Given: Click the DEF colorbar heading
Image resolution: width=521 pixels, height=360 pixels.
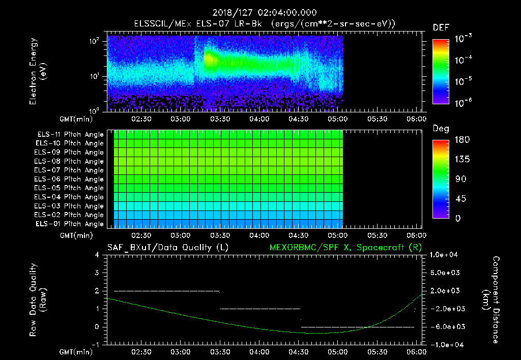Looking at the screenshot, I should tap(441, 27).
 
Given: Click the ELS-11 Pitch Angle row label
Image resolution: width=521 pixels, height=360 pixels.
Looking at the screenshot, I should tap(70, 134).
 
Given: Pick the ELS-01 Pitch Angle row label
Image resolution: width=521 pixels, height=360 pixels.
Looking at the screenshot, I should tap(70, 224).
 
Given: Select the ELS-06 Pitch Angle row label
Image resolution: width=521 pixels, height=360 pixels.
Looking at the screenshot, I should tap(70, 179).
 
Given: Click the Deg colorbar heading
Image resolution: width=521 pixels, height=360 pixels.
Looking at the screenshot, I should tap(441, 129).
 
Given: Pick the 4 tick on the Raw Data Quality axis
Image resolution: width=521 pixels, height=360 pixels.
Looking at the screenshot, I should tap(99, 254).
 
